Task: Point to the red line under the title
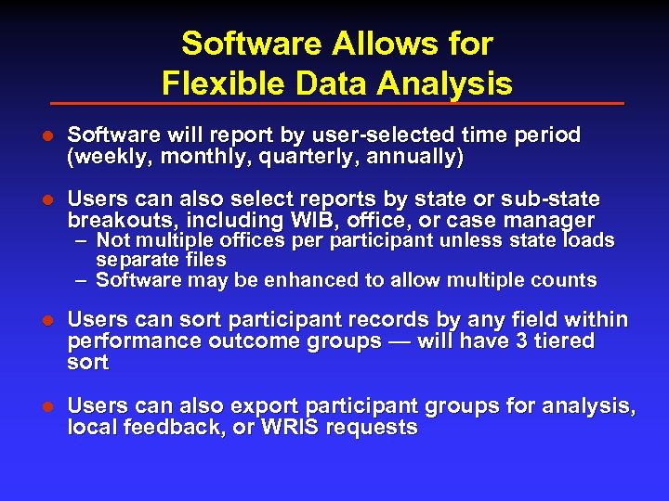coord(336,103)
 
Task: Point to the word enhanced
coord(308,280)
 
